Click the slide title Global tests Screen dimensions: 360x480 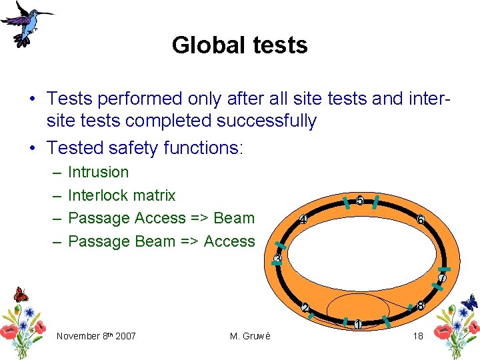pos(239,45)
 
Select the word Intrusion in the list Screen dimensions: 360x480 pos(99,172)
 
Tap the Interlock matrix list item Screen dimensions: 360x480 pos(122,195)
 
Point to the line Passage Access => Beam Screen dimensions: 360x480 pos(161,218)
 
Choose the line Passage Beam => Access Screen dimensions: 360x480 pos(161,241)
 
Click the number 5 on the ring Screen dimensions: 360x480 pos(360,201)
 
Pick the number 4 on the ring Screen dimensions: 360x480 pos(303,219)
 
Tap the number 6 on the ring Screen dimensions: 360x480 pos(420,219)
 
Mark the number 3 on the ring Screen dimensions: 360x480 pos(279,258)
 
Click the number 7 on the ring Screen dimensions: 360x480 pos(442,277)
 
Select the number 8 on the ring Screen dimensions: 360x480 pos(420,306)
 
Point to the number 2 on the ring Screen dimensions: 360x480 pos(305,308)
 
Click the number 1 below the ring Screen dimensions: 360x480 pos(358,325)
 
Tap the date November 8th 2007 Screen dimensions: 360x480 pos(96,336)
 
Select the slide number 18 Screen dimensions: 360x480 pos(418,336)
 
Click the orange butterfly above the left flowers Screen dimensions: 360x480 pos(21,294)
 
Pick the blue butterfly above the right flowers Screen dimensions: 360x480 pos(469,301)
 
